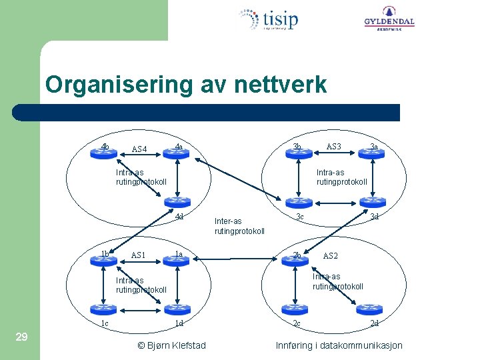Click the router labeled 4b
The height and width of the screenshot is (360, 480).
pyautogui.click(x=103, y=153)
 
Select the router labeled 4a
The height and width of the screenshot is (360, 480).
pyautogui.click(x=177, y=153)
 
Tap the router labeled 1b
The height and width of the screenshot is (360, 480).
pyautogui.click(x=103, y=261)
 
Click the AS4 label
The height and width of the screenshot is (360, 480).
pyautogui.click(x=140, y=149)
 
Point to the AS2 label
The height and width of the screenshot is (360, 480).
pyautogui.click(x=331, y=256)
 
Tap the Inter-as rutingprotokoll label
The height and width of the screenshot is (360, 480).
pyautogui.click(x=239, y=226)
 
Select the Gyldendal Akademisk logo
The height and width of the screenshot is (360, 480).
pyautogui.click(x=389, y=18)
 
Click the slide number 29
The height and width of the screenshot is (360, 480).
pyautogui.click(x=21, y=337)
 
